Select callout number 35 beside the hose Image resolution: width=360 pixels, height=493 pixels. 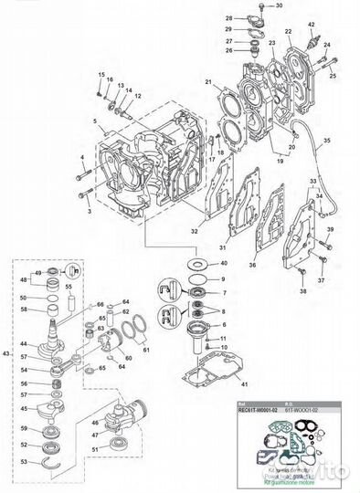click(x=328, y=142)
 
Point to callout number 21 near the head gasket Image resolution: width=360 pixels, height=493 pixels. click(x=208, y=84)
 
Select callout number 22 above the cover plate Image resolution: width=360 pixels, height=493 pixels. click(x=288, y=31)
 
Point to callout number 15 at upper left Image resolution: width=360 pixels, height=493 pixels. click(x=101, y=73)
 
